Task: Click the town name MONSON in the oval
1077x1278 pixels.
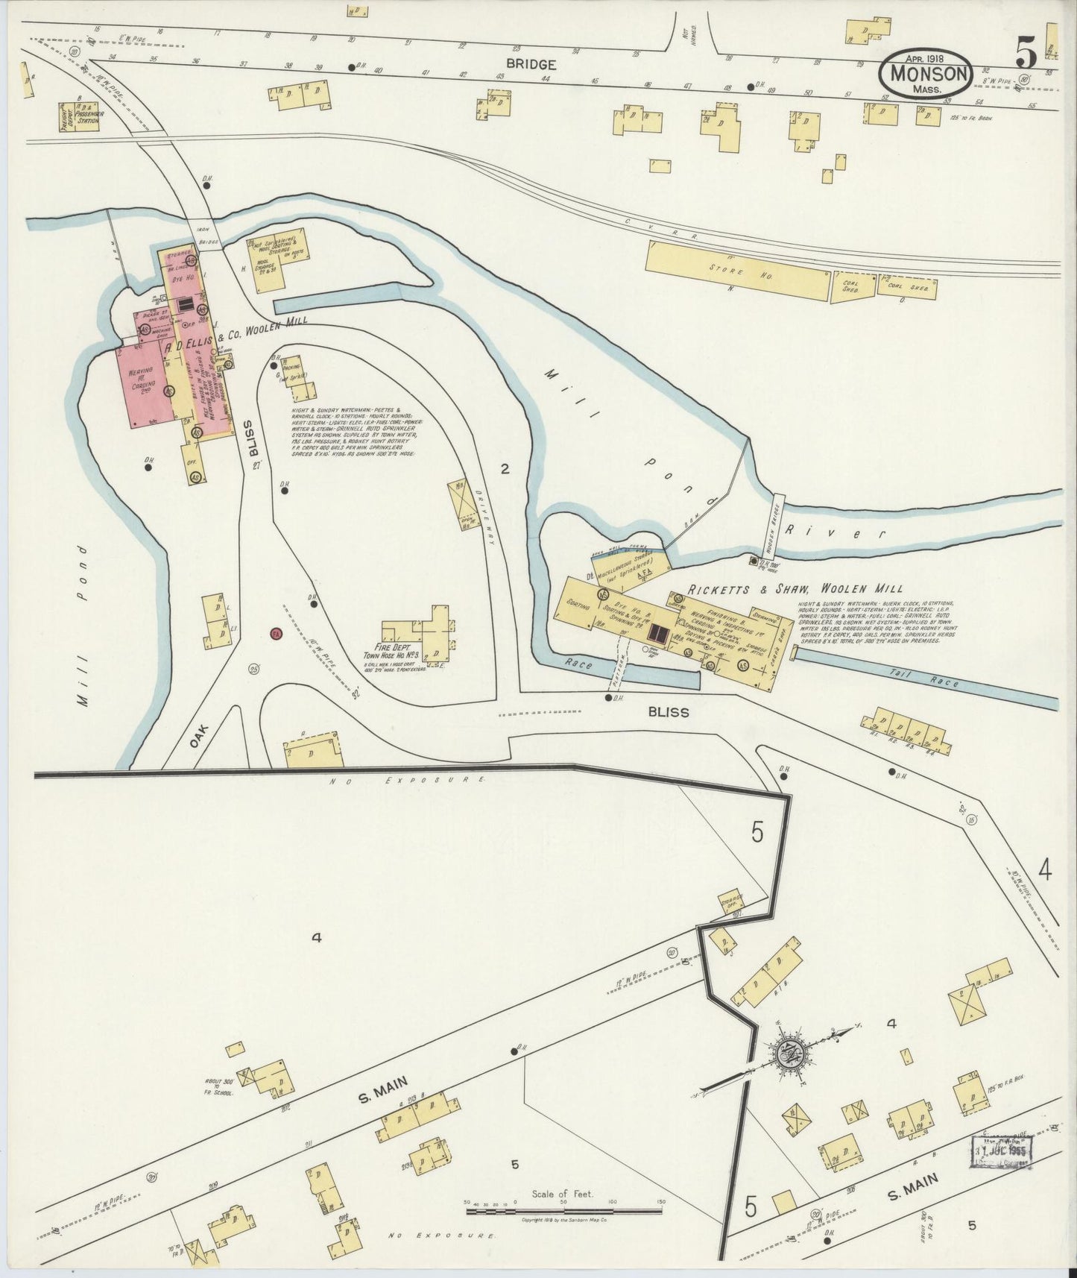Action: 926,74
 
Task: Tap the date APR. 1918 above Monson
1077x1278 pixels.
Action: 926,57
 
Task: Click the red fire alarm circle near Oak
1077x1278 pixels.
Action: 275,633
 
